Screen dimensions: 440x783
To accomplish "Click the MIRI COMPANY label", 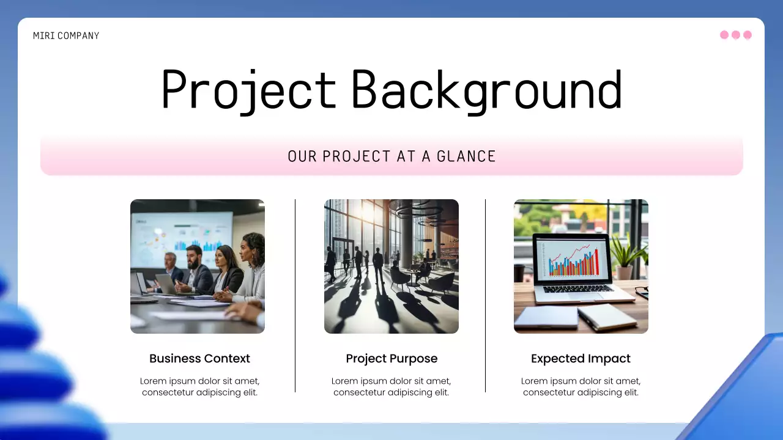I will [66, 35].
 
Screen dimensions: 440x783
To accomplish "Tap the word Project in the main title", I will [248, 90].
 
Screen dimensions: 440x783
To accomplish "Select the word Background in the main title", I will [486, 90].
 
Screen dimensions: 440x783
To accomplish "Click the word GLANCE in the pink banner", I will [466, 156].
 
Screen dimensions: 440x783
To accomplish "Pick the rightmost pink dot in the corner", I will [747, 35].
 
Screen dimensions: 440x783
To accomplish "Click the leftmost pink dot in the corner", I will [724, 35].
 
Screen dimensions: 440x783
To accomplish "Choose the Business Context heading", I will [199, 359].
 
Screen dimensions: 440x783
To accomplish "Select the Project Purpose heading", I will [391, 359].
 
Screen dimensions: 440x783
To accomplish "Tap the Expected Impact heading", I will [581, 359].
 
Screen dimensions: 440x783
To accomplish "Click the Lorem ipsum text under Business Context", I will [199, 387].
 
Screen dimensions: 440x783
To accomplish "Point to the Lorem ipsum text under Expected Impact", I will [581, 387].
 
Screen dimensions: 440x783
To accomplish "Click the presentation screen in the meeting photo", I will [184, 235].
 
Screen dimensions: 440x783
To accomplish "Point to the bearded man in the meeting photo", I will [197, 269].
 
